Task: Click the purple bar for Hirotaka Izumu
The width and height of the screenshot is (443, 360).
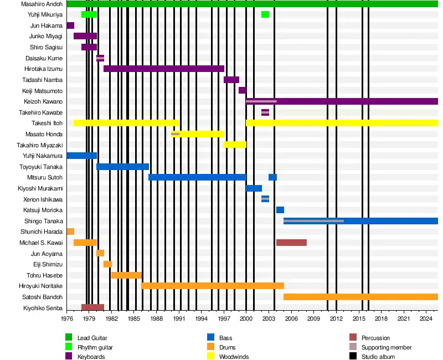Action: [163, 69]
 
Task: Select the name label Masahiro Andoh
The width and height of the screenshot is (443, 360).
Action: [42, 4]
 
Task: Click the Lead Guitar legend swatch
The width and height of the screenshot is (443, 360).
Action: [69, 337]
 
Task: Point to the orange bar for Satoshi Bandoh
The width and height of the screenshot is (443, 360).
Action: [360, 297]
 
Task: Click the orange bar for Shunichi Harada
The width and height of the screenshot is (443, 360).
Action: [70, 232]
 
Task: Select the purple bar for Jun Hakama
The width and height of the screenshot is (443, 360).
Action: [70, 25]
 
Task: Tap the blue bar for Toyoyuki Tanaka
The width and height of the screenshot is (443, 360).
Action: [122, 167]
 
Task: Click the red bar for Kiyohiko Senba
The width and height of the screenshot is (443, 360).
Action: [92, 307]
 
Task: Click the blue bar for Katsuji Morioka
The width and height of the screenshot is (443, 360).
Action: [280, 210]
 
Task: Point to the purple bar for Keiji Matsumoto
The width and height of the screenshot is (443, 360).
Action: [242, 90]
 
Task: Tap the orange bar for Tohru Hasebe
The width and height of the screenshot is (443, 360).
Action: [126, 275]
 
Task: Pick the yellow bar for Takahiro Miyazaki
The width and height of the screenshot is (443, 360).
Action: [235, 145]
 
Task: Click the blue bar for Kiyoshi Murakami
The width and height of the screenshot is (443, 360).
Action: [254, 188]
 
